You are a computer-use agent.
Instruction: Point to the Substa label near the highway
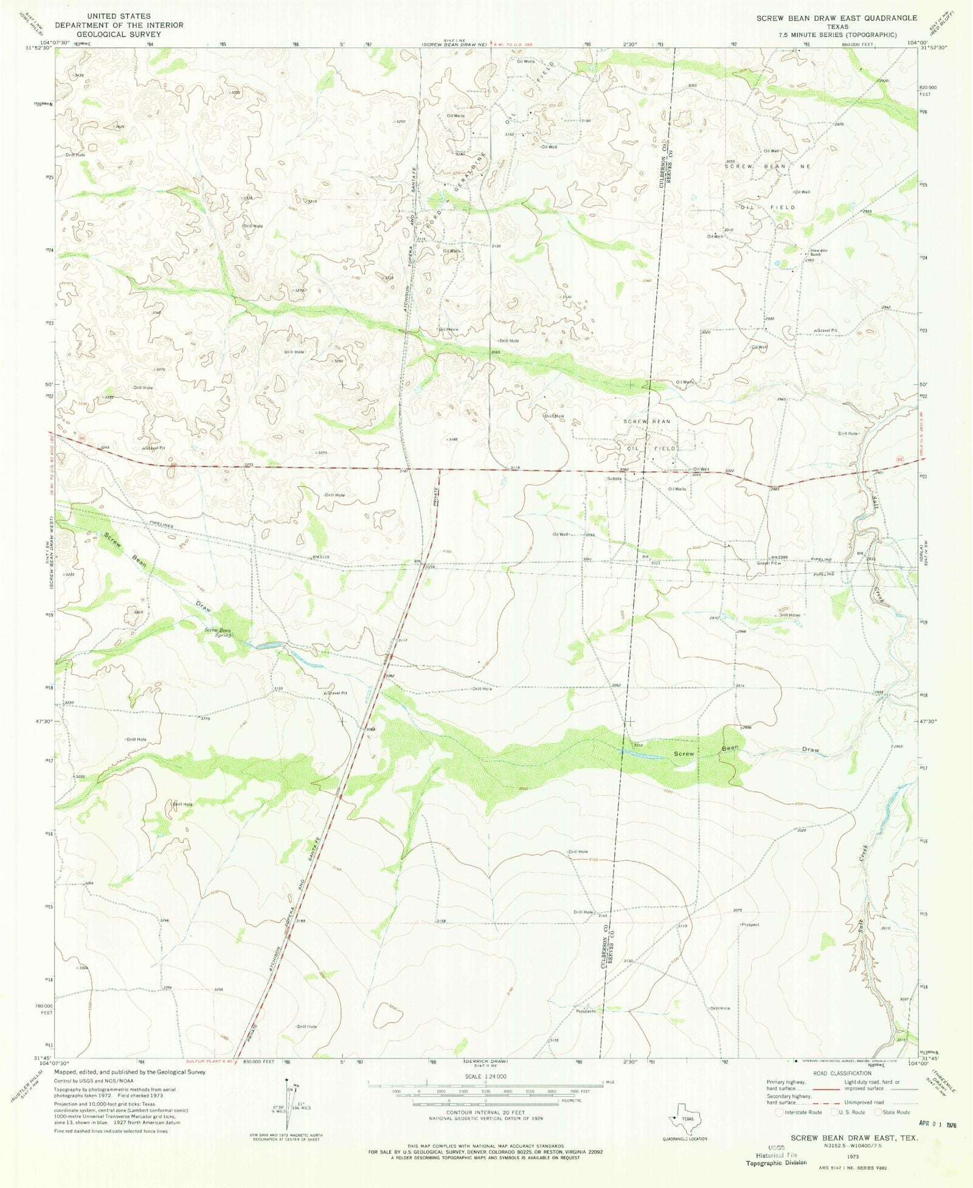[614, 478]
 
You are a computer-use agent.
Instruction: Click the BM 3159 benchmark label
[321, 556]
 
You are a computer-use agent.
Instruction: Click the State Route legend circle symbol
[878, 1112]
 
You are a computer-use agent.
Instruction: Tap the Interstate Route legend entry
[798, 1112]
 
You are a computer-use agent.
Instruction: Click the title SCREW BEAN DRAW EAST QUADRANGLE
[836, 18]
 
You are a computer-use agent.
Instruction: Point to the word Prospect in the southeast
[750, 925]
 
